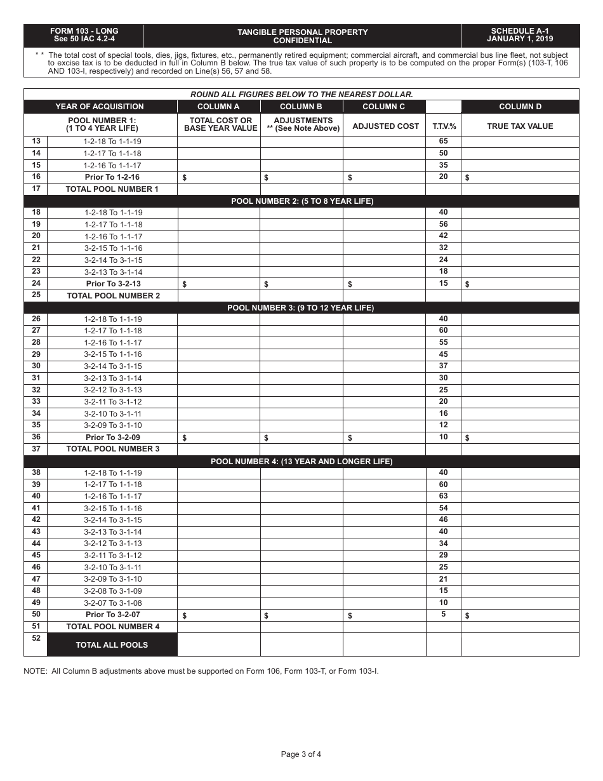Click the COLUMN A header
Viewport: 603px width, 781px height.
pos(218,107)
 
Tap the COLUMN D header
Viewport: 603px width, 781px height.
pos(520,107)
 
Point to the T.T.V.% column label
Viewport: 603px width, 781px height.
pos(444,126)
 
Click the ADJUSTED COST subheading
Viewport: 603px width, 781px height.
pos(385,126)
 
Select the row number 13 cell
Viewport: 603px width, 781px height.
pos(36,142)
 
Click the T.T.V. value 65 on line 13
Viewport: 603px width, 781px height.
pos(443,142)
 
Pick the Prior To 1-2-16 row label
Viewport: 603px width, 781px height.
pos(112,177)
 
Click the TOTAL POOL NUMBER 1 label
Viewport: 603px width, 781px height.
pos(112,189)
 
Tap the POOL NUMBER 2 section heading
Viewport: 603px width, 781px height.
pos(301,201)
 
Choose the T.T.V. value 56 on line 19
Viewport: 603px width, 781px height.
pos(443,224)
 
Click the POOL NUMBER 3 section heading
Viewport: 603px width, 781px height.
pos(301,308)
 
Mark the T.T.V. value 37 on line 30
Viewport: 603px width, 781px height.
pos(443,366)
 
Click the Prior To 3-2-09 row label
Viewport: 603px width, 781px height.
pos(112,437)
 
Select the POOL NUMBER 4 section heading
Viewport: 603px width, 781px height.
pos(301,462)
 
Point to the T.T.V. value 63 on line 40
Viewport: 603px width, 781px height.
pos(443,496)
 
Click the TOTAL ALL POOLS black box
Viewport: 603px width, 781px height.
pos(112,645)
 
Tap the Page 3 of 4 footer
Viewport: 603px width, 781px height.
pos(301,754)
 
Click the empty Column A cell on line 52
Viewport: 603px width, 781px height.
pos(218,644)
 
